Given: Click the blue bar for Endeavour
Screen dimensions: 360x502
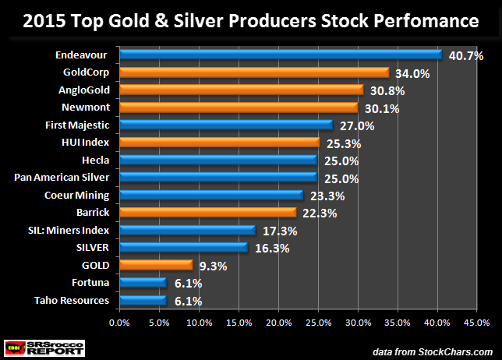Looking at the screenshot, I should point(281,55).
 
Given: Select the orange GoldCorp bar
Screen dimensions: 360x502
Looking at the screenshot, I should point(254,72).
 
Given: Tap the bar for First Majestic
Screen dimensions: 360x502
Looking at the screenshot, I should point(226,125).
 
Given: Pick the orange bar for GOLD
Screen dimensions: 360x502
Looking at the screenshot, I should point(156,265).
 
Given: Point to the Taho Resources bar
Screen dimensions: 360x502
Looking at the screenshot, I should point(143,300).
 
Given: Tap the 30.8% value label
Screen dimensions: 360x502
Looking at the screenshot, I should point(386,90).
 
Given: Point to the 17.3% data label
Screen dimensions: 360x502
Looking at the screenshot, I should point(278,231).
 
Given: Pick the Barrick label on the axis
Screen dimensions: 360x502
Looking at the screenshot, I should point(92,213).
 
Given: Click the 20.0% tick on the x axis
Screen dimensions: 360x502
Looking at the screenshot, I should point(278,321).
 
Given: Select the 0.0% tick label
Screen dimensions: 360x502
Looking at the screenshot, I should point(119,321).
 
